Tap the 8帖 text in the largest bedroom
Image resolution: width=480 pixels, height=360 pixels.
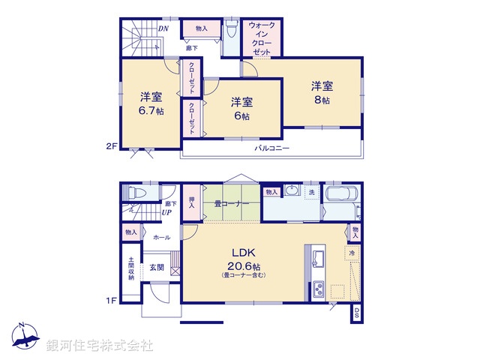321,100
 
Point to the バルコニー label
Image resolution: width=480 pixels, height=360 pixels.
271,148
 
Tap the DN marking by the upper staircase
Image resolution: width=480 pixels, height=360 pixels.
163,28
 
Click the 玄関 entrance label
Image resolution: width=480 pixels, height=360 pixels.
156,268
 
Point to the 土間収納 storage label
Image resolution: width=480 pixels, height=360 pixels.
130,268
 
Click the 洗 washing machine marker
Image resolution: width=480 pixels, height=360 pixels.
311,193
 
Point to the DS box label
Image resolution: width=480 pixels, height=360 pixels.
357,313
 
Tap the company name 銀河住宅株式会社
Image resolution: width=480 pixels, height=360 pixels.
99,346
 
